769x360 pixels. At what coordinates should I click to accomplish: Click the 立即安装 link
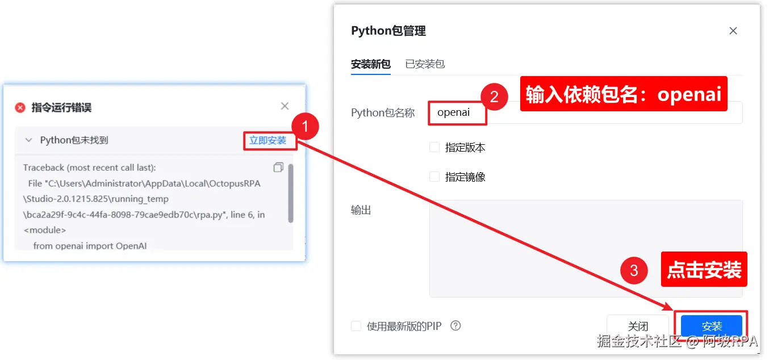(x=268, y=140)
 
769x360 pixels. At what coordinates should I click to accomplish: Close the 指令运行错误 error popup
(x=285, y=106)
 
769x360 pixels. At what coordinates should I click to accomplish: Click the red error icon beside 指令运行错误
(x=20, y=107)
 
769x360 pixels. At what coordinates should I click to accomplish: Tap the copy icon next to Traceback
(x=278, y=167)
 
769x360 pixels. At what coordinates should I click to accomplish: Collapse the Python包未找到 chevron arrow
(x=28, y=140)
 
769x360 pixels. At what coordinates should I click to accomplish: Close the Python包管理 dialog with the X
(x=733, y=31)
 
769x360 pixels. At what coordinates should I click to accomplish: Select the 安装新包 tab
(x=371, y=64)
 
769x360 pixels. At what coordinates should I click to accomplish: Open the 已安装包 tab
(x=425, y=64)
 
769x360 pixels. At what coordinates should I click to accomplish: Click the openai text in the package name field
(x=453, y=112)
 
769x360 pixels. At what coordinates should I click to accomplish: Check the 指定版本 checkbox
(x=434, y=147)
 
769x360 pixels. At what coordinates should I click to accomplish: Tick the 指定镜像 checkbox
(x=434, y=177)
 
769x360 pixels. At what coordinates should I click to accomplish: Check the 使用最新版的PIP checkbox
(x=356, y=326)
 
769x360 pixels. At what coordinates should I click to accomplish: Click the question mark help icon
(x=455, y=326)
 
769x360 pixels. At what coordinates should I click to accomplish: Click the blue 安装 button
(x=712, y=326)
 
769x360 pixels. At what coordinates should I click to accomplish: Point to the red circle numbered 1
(x=306, y=128)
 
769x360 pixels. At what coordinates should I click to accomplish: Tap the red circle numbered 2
(x=494, y=97)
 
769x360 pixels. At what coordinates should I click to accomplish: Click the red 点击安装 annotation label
(x=704, y=270)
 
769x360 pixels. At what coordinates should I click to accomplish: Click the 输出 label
(x=361, y=210)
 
